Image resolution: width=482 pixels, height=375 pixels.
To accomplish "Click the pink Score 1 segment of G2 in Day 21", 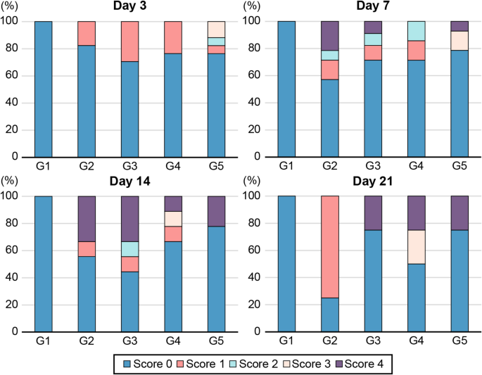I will point(330,246).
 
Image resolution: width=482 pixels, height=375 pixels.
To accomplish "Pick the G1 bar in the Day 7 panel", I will point(286,89).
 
